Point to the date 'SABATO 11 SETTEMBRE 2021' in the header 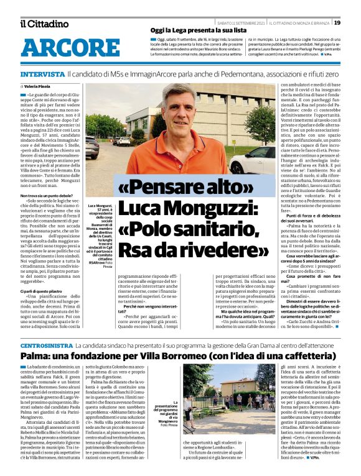[240, 22]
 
